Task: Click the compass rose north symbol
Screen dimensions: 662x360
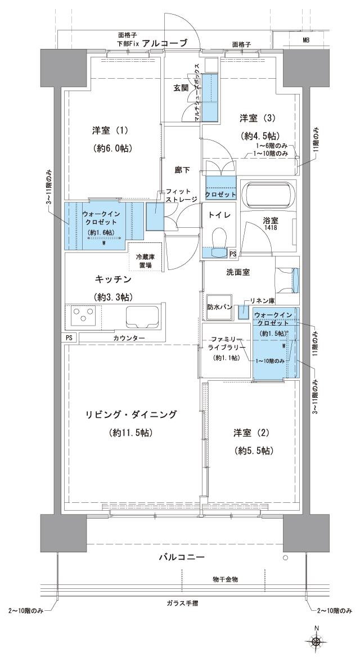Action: [317, 640]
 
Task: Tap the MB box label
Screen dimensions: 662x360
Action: [305, 40]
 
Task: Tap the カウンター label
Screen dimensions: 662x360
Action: [129, 337]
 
